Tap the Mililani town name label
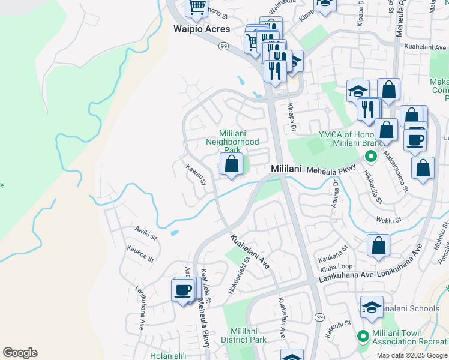tap(286, 169)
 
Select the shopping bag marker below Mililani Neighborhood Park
tap(231, 164)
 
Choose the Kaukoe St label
tap(140, 253)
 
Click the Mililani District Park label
tap(247, 335)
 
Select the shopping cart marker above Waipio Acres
tap(197, 7)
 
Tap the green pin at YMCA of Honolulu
tap(371, 156)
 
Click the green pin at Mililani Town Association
tap(362, 336)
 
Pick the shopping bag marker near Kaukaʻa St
tap(378, 245)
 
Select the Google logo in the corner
tap(19, 353)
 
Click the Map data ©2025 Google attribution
tap(412, 355)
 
